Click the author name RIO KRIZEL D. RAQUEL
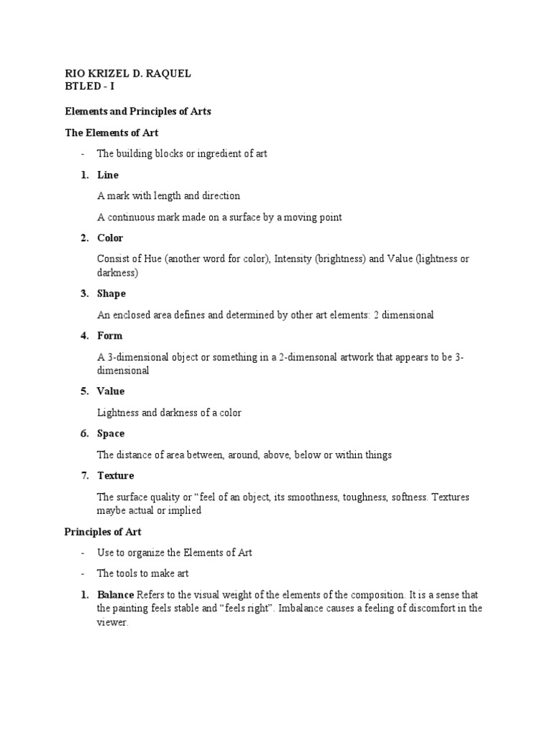(127, 74)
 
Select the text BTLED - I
(89, 87)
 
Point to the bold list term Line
(107, 175)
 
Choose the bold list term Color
(110, 238)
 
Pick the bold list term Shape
(111, 293)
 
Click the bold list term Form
(110, 336)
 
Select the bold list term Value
(111, 392)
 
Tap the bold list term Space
(111, 434)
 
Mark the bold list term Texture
(115, 476)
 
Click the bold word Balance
(115, 595)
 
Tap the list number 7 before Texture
(84, 476)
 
